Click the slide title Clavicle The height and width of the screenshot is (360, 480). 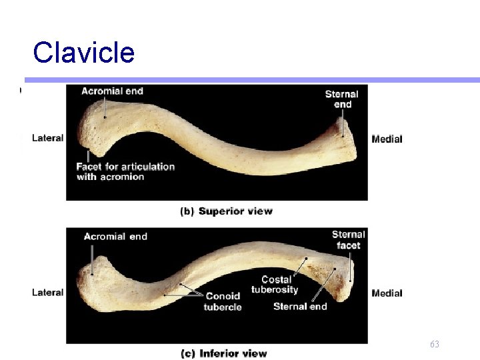tap(83, 53)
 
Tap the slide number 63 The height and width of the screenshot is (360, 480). tap(435, 344)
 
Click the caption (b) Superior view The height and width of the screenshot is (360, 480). tap(227, 211)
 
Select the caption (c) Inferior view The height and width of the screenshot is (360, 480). tap(224, 353)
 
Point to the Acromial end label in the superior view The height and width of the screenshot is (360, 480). tap(112, 91)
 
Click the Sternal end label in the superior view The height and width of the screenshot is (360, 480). tap(342, 99)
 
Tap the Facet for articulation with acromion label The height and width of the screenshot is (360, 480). tap(125, 171)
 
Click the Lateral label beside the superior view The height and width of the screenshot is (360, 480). tap(48, 138)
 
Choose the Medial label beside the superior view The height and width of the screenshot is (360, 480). tap(387, 139)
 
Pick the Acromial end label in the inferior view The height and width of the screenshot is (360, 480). tap(115, 236)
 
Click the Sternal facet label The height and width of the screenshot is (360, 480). tap(349, 240)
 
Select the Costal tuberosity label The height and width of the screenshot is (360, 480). tap(275, 285)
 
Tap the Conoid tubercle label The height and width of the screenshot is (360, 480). tap(223, 302)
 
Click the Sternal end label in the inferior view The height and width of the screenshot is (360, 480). tap(300, 307)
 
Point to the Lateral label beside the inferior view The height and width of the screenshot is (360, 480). tap(48, 292)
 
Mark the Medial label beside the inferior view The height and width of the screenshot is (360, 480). tap(387, 293)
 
